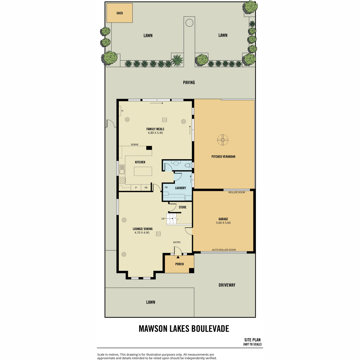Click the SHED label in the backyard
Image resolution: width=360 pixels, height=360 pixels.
[120, 13]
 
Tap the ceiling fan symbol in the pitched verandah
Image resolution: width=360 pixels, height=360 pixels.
[223, 140]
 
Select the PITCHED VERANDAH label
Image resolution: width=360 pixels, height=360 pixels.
[223, 157]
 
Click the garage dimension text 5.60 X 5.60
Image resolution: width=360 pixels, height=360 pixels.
[223, 223]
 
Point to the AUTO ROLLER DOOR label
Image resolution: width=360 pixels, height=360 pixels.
[224, 250]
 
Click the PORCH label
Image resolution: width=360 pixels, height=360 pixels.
[179, 264]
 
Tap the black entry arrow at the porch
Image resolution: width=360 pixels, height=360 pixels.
[178, 257]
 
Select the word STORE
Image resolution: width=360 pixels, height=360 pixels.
[182, 207]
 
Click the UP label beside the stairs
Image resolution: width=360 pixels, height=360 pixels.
[163, 219]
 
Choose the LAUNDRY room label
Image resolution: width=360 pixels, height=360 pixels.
[181, 188]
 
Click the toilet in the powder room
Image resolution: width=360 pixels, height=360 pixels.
[188, 165]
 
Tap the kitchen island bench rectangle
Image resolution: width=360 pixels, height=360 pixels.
[143, 171]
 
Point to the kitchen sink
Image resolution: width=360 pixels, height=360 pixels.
[122, 169]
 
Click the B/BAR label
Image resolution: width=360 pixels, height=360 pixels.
[135, 144]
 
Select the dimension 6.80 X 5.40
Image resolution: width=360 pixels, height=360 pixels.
[155, 133]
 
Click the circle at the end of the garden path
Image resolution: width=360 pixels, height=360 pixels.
[189, 22]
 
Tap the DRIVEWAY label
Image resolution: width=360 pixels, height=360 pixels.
[227, 285]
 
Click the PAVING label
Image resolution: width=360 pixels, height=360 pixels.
[189, 82]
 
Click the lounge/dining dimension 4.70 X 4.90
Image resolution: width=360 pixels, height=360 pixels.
[142, 232]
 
